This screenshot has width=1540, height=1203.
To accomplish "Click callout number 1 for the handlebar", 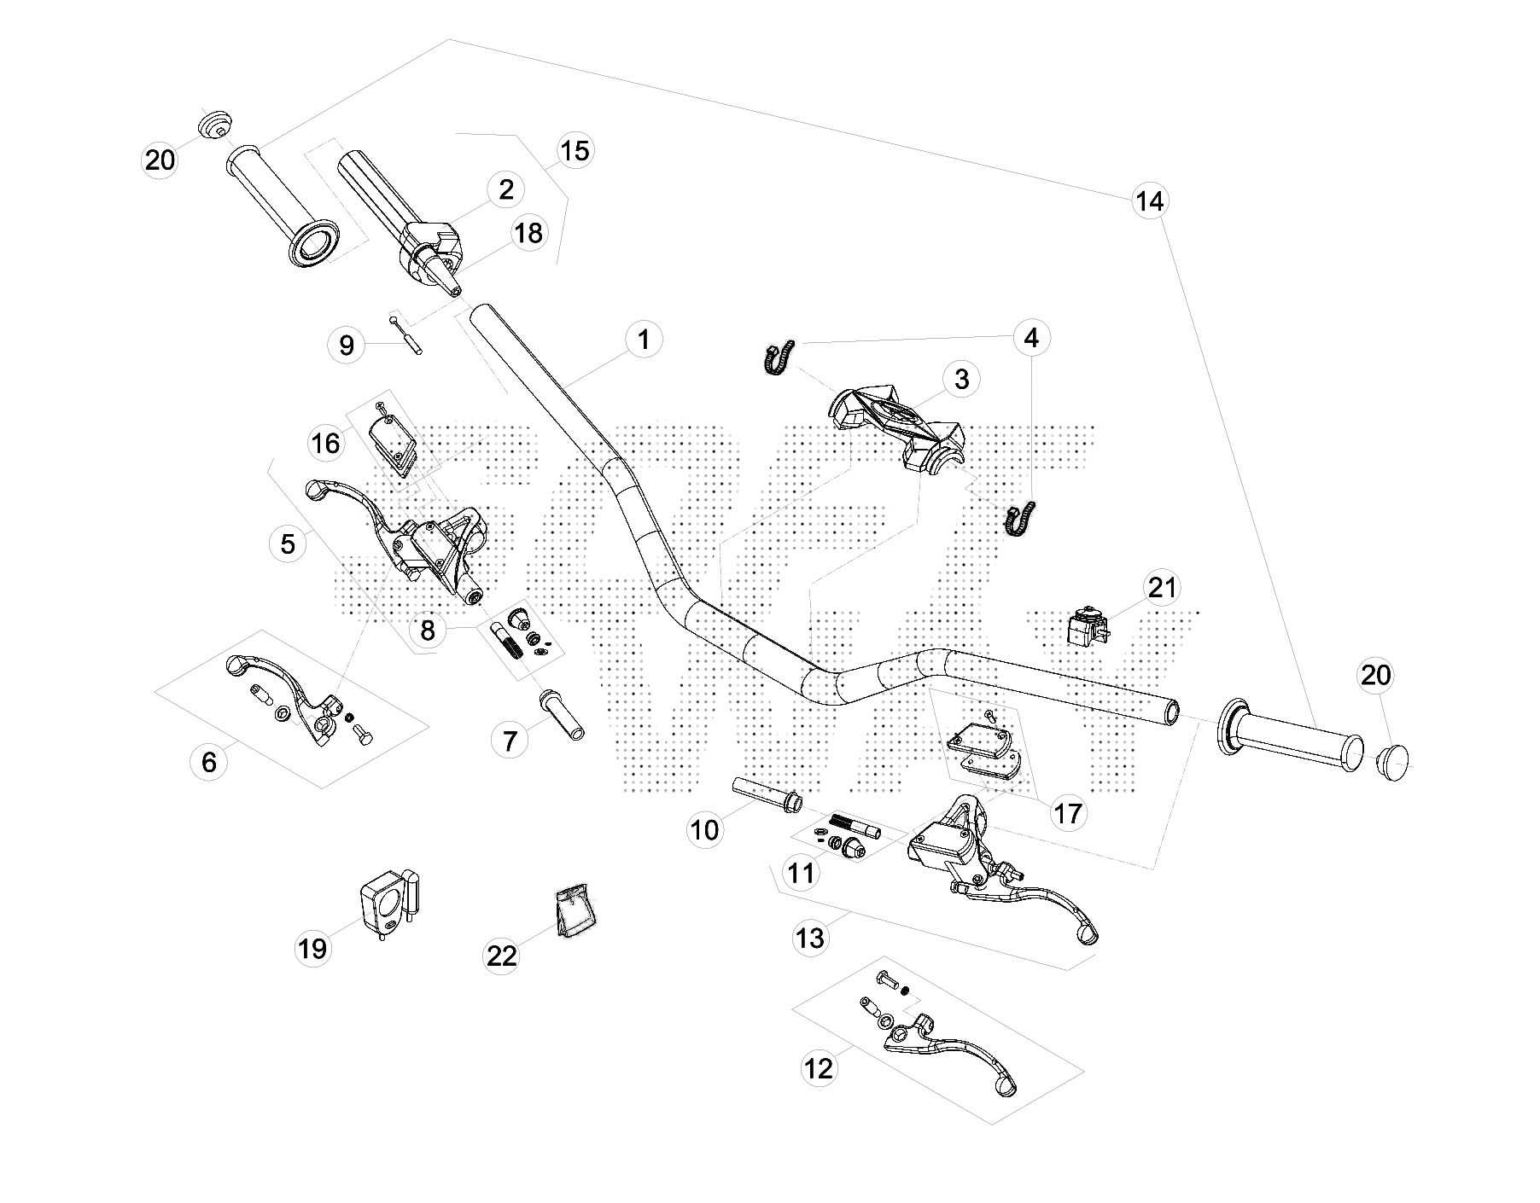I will pyautogui.click(x=644, y=340).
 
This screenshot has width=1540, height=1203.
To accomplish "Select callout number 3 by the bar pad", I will pyautogui.click(x=961, y=379).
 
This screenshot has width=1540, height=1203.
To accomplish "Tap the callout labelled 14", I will pyautogui.click(x=1149, y=201).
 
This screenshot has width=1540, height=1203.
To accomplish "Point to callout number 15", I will pyautogui.click(x=575, y=151).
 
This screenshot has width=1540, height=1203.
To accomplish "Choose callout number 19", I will pyautogui.click(x=312, y=948).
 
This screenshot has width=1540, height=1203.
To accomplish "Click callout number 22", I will pyautogui.click(x=502, y=956).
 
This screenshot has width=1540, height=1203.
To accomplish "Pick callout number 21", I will pyautogui.click(x=1162, y=587).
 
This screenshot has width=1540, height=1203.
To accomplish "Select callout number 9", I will pyautogui.click(x=347, y=346).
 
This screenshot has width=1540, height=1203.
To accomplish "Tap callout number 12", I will pyautogui.click(x=819, y=1067).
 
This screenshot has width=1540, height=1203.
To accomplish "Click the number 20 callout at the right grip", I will pyautogui.click(x=1375, y=676).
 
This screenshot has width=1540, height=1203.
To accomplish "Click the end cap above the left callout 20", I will pyautogui.click(x=216, y=125).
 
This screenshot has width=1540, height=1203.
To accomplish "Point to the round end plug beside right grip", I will pyautogui.click(x=1393, y=757).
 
